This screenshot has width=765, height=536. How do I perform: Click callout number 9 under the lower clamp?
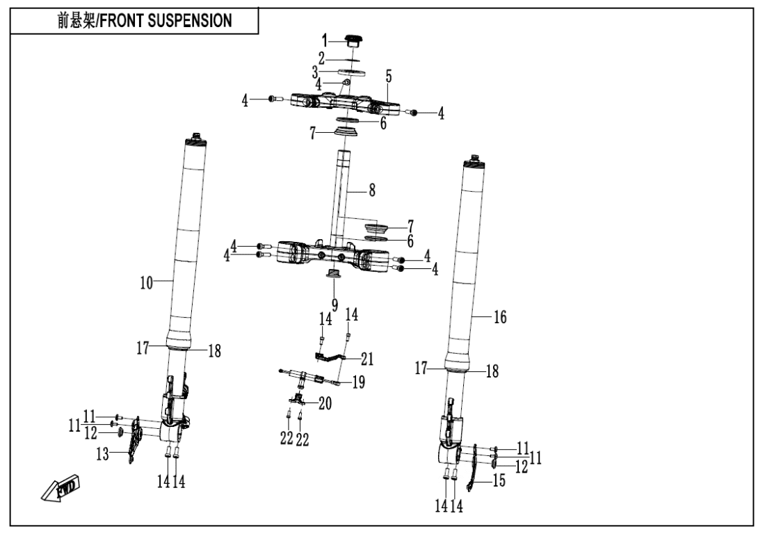(335, 304)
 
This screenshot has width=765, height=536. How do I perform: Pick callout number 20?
(324, 403)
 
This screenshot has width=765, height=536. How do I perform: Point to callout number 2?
(321, 56)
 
